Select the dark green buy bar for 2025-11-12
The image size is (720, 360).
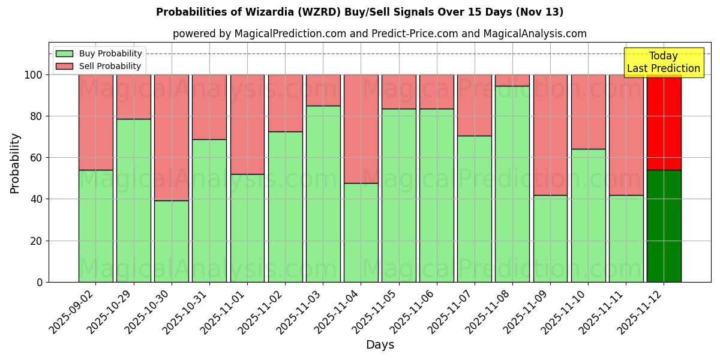[664, 226]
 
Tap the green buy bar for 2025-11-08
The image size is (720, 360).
[512, 184]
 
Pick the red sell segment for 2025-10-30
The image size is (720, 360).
[172, 137]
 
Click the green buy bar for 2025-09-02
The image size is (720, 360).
[96, 226]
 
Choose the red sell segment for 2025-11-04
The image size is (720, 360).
[361, 129]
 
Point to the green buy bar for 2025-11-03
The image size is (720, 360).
[323, 194]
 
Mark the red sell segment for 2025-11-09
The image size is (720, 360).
[550, 135]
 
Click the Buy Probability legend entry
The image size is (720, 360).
[99, 53]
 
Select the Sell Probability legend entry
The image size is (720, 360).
[99, 66]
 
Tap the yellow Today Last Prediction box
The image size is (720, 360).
[663, 62]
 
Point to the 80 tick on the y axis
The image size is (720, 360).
[37, 116]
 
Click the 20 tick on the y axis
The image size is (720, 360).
[37, 241]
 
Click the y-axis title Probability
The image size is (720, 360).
[15, 163]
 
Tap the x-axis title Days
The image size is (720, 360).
[380, 345]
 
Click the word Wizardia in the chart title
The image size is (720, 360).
[271, 12]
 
